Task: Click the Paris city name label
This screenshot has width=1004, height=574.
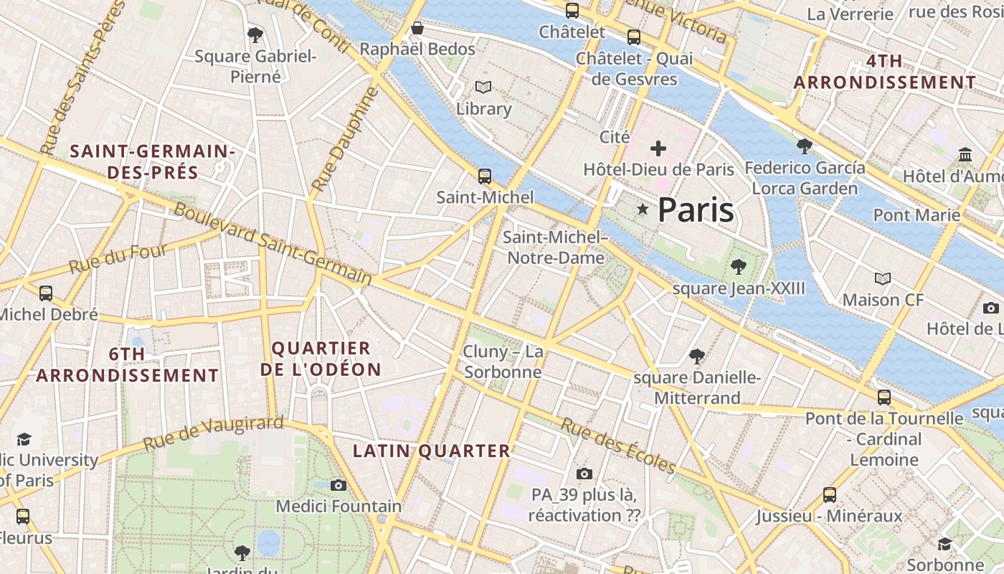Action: pos(695,210)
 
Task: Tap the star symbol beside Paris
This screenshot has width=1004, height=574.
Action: pos(643,209)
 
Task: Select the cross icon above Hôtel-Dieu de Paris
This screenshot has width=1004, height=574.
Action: pos(658,149)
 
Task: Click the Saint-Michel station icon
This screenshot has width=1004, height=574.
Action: pos(485,176)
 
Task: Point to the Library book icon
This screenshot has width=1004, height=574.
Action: pos(484,88)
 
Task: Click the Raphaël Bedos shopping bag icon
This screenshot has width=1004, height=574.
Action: pos(417,28)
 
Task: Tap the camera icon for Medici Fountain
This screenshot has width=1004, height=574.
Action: pos(338,485)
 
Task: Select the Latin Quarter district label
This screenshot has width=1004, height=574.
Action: pos(432,451)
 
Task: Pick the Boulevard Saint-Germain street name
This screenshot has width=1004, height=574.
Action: pos(273,244)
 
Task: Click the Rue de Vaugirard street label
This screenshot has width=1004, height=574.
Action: pos(213,433)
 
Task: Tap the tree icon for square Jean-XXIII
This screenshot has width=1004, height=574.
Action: pos(738,267)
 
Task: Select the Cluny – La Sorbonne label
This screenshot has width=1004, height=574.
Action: pos(503,362)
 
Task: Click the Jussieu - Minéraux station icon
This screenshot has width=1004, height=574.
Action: pos(830,494)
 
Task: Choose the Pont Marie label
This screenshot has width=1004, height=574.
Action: pos(916,215)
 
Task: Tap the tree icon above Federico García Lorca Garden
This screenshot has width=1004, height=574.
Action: pos(804,146)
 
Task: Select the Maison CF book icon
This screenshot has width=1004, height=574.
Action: pos(883,278)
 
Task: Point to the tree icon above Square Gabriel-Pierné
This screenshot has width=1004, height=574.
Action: pos(255,34)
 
